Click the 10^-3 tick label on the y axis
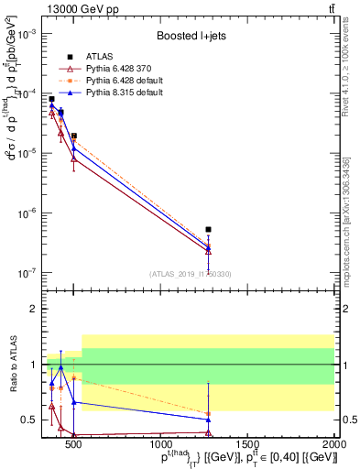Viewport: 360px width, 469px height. click(x=30, y=33)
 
